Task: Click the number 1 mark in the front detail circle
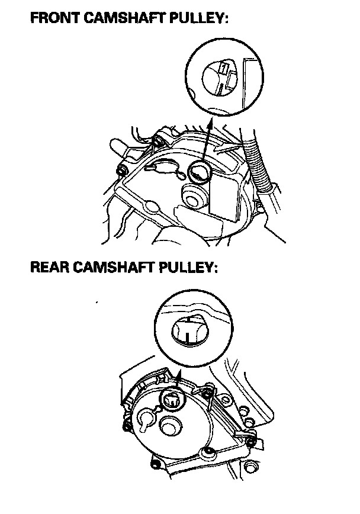pyautogui.click(x=223, y=69)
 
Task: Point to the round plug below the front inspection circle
pyautogui.click(x=194, y=197)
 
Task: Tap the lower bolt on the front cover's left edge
pyautogui.click(x=123, y=170)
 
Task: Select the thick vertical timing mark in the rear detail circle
pyautogui.click(x=187, y=338)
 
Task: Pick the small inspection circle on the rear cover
pyautogui.click(x=172, y=400)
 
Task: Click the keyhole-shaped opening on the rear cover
pyautogui.click(x=145, y=420)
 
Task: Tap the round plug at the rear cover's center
pyautogui.click(x=170, y=427)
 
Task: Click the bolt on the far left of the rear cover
pyautogui.click(x=127, y=426)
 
